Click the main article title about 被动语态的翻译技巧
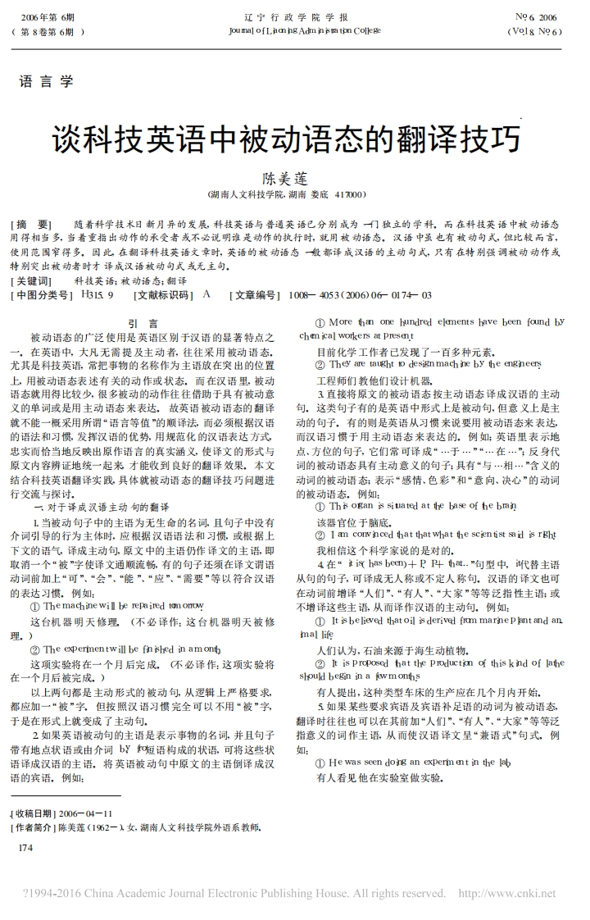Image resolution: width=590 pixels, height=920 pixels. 287,139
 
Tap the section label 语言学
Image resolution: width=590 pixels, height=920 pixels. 46,81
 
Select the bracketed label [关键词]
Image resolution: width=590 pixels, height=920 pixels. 31,280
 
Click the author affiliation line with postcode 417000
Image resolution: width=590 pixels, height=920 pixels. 287,195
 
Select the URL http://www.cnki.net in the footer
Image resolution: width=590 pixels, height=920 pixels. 506,893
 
